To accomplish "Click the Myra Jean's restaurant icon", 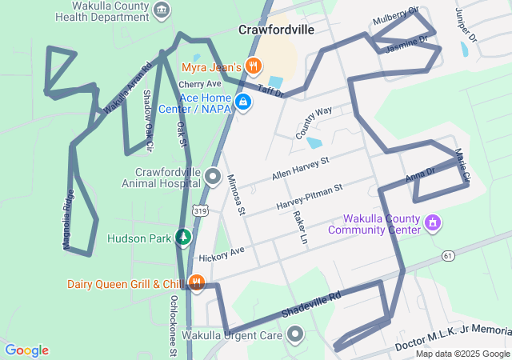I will coord(254,66).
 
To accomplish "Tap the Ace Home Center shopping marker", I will coord(245,102).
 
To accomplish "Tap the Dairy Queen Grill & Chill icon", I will coord(195,282).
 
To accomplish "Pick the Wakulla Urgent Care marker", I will coord(295,335).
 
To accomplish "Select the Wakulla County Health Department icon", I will coord(163,10).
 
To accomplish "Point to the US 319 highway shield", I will coord(201,210).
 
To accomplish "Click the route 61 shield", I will coord(448,255).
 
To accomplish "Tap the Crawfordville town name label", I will coord(276,30).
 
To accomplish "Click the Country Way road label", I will coord(314,123).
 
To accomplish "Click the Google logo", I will coord(27,350).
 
